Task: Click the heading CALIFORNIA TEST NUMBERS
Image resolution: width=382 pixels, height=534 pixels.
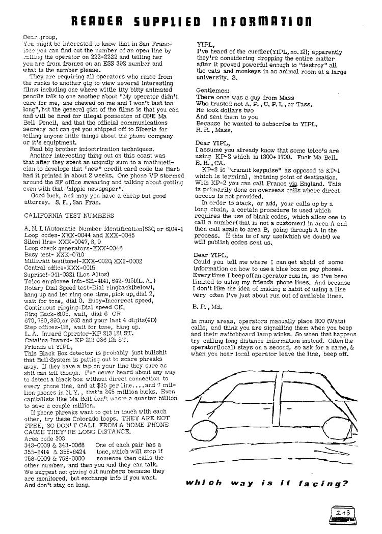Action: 59,215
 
